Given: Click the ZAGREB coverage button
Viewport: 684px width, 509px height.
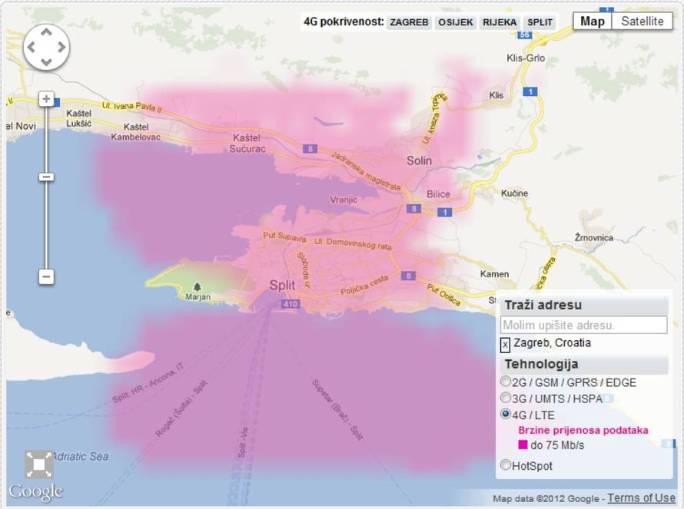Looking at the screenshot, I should [x=409, y=22].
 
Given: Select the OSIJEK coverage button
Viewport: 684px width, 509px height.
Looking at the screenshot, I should [x=456, y=22].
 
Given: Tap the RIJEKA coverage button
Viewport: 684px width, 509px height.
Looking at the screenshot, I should [x=500, y=22].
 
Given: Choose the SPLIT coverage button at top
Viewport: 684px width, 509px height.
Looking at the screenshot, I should [x=540, y=22].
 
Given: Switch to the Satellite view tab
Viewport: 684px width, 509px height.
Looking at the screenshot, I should [x=642, y=21].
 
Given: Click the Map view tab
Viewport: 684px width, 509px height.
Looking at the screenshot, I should [x=593, y=21].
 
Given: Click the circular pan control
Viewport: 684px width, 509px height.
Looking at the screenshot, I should [x=46, y=47].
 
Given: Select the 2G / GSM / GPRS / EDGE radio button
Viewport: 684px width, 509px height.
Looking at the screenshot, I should [x=506, y=382].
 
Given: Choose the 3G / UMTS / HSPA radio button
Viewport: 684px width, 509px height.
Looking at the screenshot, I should [x=506, y=398].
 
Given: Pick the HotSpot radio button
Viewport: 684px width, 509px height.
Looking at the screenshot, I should [x=506, y=465].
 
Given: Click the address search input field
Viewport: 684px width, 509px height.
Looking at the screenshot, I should [x=584, y=325].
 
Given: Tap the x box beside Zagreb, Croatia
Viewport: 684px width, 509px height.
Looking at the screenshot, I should [x=506, y=345].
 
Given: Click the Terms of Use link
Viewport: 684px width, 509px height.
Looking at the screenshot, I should [x=641, y=498].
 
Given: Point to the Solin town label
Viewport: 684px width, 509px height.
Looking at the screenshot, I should [x=419, y=160].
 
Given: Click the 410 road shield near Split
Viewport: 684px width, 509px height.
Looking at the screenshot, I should [x=290, y=305].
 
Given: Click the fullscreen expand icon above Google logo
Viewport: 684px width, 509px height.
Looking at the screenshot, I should [x=38, y=464].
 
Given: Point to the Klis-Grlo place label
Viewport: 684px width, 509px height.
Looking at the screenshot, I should [x=526, y=58].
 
